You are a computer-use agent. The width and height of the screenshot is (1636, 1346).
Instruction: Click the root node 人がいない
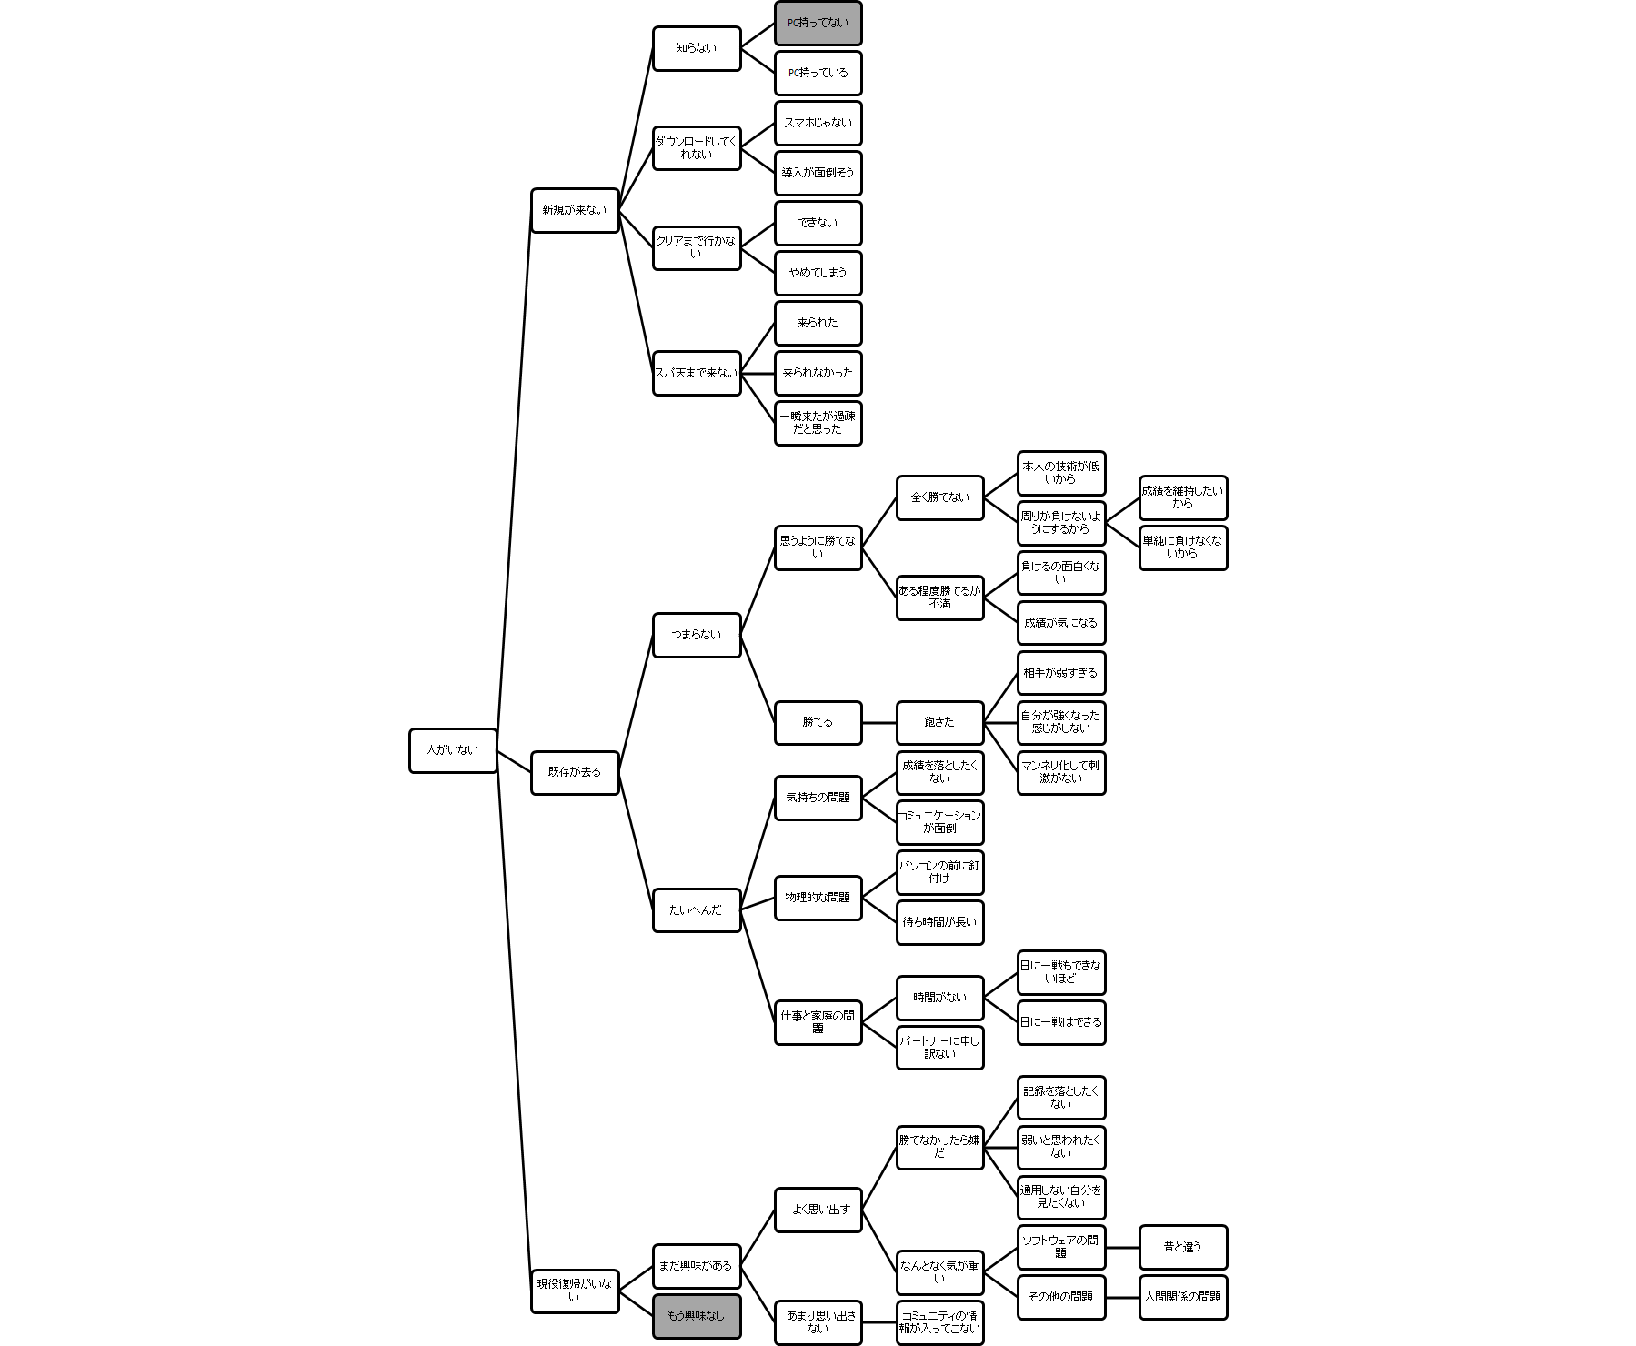(453, 750)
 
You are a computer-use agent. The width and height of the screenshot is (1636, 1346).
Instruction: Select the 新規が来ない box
(575, 210)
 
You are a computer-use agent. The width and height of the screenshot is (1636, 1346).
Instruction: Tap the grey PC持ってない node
(818, 24)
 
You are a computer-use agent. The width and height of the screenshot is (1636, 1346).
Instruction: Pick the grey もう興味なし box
(697, 1315)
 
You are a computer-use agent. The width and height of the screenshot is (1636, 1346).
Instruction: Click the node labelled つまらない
(697, 635)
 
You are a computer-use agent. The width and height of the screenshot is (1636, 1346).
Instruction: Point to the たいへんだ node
(697, 909)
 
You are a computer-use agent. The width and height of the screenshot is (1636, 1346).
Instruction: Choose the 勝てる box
(818, 722)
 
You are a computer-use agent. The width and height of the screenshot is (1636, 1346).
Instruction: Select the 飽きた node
(939, 722)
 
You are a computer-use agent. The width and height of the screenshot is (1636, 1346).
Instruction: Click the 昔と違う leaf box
(1182, 1247)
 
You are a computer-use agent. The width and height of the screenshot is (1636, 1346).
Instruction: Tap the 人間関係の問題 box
(1182, 1297)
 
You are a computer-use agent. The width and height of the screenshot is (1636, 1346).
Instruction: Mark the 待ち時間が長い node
(939, 922)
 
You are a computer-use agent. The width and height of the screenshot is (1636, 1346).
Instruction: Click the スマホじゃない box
(818, 123)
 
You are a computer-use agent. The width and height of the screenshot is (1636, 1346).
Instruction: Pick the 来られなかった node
(818, 373)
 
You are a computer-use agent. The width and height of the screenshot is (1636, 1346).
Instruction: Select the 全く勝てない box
(939, 497)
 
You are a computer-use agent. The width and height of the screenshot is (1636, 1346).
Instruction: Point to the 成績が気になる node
(1060, 623)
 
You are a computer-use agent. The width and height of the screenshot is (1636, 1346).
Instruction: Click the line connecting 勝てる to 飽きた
(878, 722)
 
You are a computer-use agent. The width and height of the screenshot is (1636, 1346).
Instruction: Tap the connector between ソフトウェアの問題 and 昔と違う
(1122, 1247)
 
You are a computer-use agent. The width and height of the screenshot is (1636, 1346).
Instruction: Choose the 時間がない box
(939, 998)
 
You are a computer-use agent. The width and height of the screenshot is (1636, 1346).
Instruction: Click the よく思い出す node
(818, 1210)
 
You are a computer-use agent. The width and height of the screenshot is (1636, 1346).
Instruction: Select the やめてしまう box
(818, 273)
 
